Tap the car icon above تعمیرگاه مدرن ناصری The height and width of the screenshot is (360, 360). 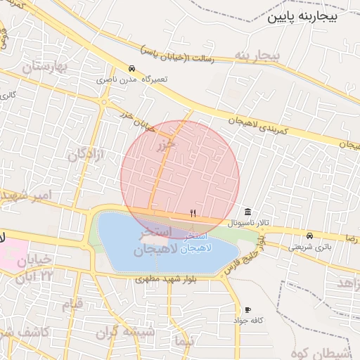tap(132, 68)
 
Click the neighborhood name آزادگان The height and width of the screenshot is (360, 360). tap(89, 153)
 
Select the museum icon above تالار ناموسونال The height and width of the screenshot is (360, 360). tap(247, 212)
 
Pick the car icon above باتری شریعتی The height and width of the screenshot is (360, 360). tap(310, 236)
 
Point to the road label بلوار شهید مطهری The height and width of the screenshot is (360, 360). tap(164, 280)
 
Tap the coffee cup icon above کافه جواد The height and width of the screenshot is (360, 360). tap(247, 310)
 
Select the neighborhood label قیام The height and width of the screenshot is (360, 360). tap(72, 304)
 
